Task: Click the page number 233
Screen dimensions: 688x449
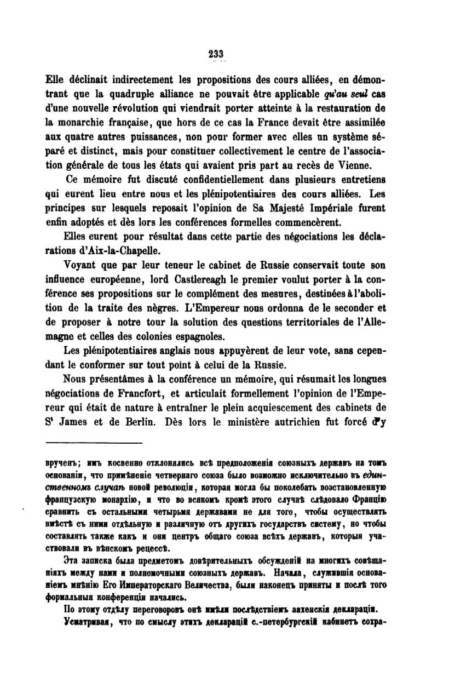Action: [x=216, y=53]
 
